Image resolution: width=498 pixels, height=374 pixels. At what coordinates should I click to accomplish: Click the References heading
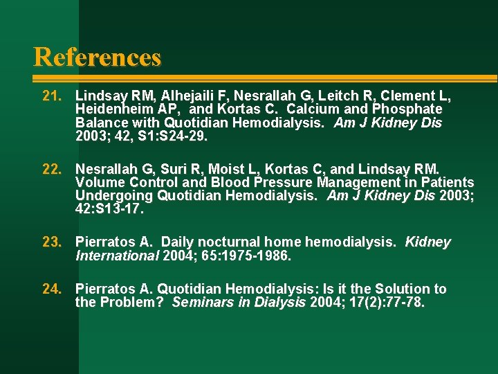(98, 57)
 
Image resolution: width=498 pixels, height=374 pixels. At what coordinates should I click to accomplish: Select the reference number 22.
(53, 169)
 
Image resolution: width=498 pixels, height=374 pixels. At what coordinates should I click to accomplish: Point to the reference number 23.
(53, 242)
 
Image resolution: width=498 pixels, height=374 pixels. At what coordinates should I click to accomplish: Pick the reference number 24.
(53, 289)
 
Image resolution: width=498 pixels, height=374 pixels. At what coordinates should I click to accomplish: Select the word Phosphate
(407, 109)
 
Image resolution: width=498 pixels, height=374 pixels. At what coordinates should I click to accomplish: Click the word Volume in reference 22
(98, 183)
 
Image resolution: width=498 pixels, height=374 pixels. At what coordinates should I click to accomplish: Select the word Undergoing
(113, 196)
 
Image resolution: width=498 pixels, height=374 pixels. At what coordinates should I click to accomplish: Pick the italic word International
(117, 256)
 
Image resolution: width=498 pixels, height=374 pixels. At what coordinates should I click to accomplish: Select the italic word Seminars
(203, 303)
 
